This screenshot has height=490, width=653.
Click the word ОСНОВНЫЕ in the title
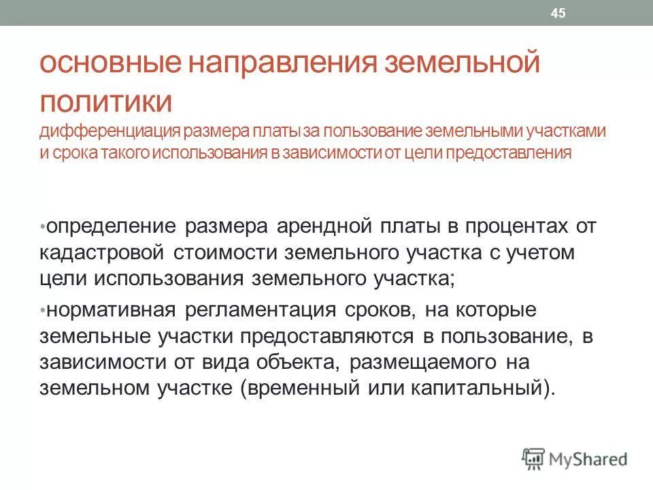108,66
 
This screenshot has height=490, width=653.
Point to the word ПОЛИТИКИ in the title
106,101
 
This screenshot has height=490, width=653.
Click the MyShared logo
575,458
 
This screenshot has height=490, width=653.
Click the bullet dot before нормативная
42,310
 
